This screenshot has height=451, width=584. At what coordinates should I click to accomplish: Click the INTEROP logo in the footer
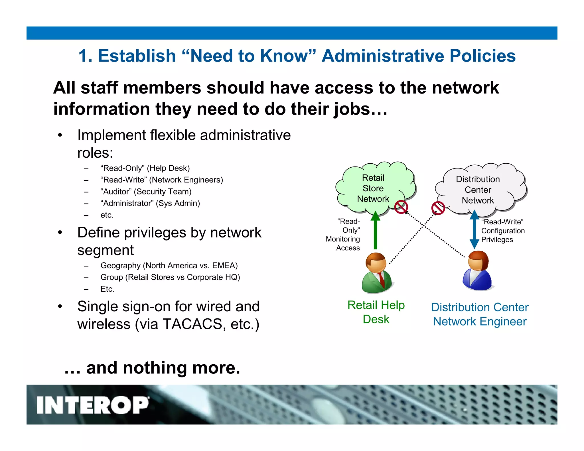click(x=93, y=405)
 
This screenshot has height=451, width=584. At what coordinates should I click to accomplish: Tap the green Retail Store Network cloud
click(x=374, y=188)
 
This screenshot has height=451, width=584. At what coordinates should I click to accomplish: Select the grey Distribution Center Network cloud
click(x=479, y=190)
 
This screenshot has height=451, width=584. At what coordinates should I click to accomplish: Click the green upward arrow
click(x=376, y=231)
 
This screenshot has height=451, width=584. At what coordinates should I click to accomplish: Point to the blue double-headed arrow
click(x=474, y=230)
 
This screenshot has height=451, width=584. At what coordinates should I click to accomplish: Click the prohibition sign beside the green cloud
click(x=401, y=207)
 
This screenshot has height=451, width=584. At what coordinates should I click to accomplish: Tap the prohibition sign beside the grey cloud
click(x=438, y=208)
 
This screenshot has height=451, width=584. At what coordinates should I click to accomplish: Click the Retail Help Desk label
click(x=376, y=312)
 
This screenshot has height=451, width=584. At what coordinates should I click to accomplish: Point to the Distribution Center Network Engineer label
click(x=480, y=314)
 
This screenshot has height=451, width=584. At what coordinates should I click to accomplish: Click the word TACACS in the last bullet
click(x=192, y=324)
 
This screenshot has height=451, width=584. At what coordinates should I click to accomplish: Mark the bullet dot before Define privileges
click(x=60, y=232)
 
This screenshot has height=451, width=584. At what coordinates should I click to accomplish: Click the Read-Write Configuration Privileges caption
click(x=503, y=231)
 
